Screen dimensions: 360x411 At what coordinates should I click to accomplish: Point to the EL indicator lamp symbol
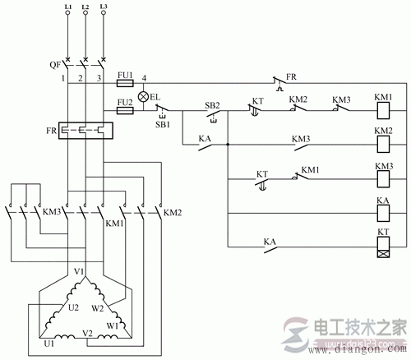click(x=142, y=96)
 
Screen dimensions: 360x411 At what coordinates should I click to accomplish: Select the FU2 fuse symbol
click(x=126, y=112)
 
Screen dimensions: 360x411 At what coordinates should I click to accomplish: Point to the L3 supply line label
click(x=103, y=7)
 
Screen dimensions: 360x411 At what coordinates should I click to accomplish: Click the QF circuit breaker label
click(x=52, y=62)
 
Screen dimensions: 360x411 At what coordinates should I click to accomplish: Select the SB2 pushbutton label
click(x=211, y=104)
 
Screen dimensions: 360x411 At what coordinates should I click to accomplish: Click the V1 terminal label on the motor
click(x=80, y=271)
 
